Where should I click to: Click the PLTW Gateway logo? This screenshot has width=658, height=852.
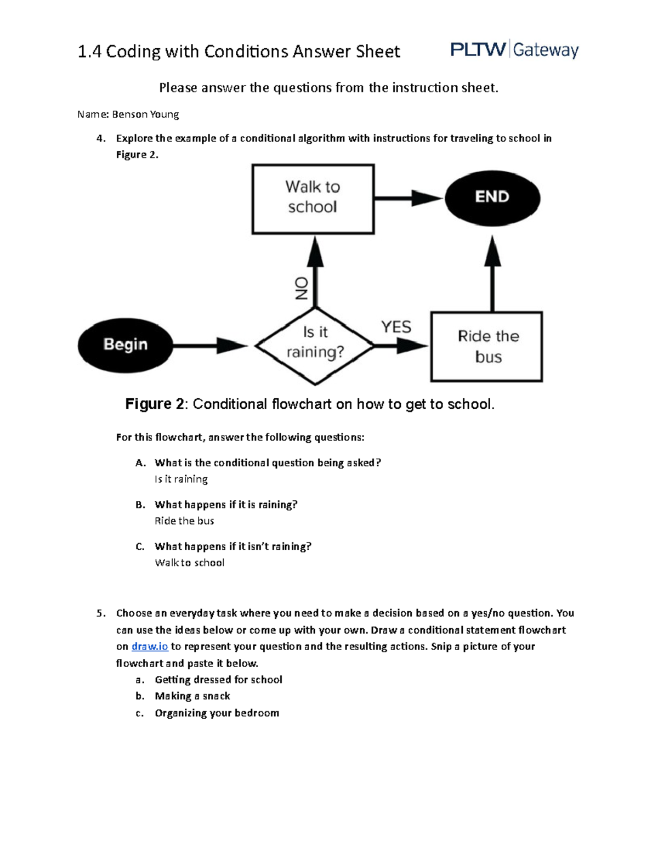pyautogui.click(x=514, y=50)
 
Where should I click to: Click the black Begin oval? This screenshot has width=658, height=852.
pyautogui.click(x=125, y=345)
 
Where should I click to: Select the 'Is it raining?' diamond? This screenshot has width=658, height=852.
pyautogui.click(x=315, y=345)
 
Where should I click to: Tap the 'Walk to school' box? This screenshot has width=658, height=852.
pyautogui.click(x=313, y=199)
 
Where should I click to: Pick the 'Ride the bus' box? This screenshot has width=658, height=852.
pyautogui.click(x=486, y=346)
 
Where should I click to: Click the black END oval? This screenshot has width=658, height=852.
pyautogui.click(x=492, y=198)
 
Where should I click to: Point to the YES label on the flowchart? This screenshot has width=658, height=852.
pyautogui.click(x=396, y=327)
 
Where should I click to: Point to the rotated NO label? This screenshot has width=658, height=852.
pyautogui.click(x=302, y=288)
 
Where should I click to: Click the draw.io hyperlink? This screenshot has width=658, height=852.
pyautogui.click(x=150, y=646)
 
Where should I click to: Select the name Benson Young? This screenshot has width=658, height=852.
pyautogui.click(x=145, y=114)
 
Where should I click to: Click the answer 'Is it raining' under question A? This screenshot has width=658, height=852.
pyautogui.click(x=181, y=479)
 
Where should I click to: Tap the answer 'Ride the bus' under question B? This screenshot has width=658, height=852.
pyautogui.click(x=184, y=521)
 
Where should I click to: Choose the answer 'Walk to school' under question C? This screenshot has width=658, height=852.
pyautogui.click(x=189, y=562)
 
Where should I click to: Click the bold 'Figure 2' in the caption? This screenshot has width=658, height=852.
pyautogui.click(x=155, y=404)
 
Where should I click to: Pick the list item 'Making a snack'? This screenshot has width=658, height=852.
pyautogui.click(x=192, y=696)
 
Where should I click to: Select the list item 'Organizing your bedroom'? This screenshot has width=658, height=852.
pyautogui.click(x=217, y=713)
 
